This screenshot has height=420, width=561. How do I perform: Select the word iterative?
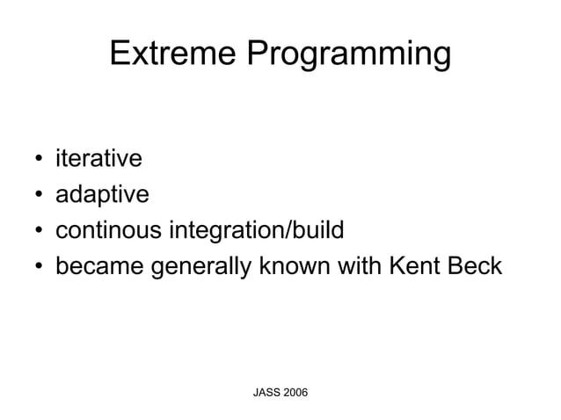(98, 159)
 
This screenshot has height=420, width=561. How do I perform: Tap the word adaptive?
(102, 195)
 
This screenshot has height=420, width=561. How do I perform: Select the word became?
(98, 265)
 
